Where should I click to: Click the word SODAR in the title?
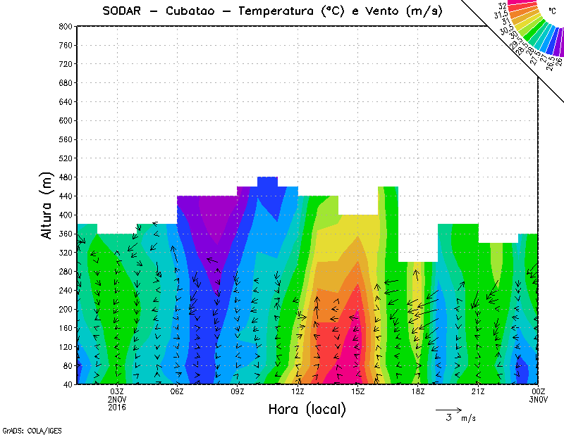(121, 11)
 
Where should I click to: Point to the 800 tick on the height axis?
(65, 26)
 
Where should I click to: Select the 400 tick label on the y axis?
(65, 215)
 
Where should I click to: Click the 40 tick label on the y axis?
(67, 384)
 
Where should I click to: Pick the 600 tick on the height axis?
(65, 120)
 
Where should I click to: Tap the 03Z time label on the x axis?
(117, 391)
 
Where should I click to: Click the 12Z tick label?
(298, 391)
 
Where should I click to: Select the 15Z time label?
(357, 391)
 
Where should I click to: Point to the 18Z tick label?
(418, 391)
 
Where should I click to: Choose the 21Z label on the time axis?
(478, 391)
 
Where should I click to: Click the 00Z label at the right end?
(539, 391)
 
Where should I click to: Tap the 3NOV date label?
(539, 399)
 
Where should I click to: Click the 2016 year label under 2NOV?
(117, 407)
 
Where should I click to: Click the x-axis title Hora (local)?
(307, 410)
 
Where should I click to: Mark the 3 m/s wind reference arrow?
(448, 409)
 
